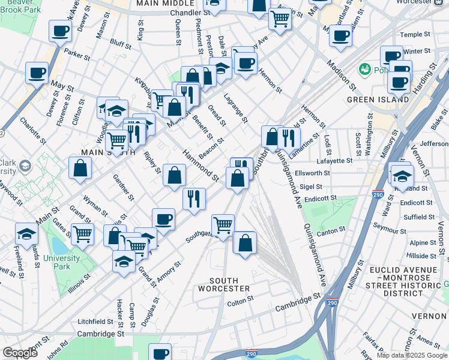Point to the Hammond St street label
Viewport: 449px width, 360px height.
click(201, 166)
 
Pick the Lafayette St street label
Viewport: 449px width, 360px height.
click(332, 161)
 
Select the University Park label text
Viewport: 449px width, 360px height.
click(61, 263)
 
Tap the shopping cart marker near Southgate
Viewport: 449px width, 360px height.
click(223, 226)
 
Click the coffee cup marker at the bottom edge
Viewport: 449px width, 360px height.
click(160, 353)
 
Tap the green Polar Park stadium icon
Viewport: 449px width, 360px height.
click(364, 70)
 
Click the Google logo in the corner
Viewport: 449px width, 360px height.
click(20, 353)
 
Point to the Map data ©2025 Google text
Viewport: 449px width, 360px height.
click(412, 355)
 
